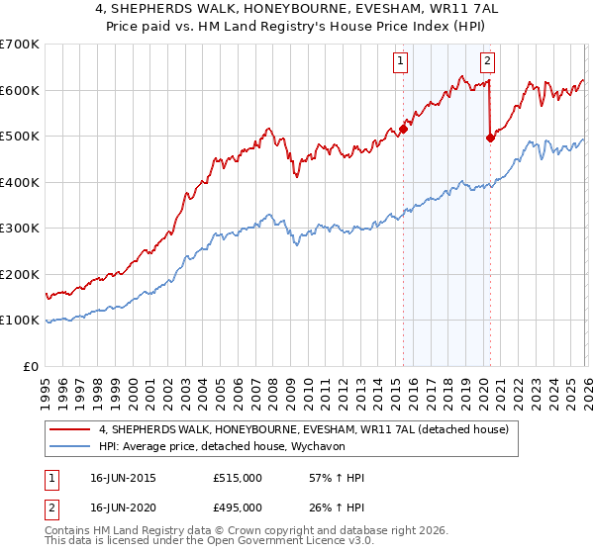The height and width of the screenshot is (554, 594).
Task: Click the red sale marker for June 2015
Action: pos(403,128)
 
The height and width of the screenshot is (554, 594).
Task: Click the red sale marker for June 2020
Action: pos(490,138)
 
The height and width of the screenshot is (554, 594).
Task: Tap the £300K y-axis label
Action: pos(20,229)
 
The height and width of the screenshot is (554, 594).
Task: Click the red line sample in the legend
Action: pos(70,429)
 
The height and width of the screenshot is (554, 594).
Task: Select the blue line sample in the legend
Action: pos(70,446)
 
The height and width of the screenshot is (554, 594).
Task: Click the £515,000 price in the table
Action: pos(238,478)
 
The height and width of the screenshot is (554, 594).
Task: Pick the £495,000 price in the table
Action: pos(238,509)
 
